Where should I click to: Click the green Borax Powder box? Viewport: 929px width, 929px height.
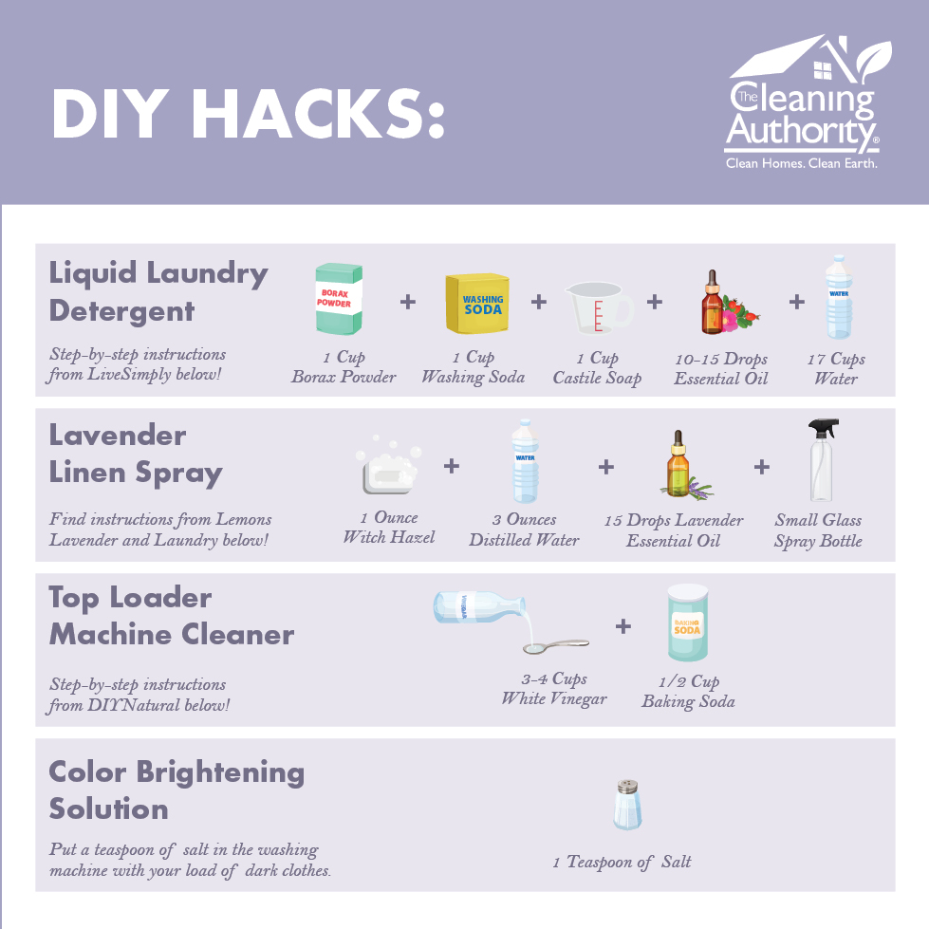click(x=339, y=299)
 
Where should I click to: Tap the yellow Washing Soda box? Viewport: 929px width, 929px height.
click(x=477, y=304)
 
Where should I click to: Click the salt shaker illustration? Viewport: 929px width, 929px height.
click(x=627, y=804)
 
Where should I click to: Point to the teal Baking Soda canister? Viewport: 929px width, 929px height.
click(x=687, y=622)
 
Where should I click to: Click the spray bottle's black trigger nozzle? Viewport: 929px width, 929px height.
click(x=823, y=428)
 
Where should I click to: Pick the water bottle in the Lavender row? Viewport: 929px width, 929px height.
click(x=525, y=461)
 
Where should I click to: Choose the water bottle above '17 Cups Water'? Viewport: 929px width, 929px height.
click(x=839, y=297)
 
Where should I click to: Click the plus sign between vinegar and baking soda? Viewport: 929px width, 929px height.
click(x=622, y=626)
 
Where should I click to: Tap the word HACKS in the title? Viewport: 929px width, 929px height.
click(x=318, y=114)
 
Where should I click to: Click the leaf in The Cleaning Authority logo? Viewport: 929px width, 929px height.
click(x=873, y=60)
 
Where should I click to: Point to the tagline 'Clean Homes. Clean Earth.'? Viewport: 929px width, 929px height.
click(x=802, y=163)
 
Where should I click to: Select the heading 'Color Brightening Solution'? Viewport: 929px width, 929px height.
click(x=177, y=790)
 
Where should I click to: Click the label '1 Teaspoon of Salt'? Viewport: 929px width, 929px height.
click(x=622, y=862)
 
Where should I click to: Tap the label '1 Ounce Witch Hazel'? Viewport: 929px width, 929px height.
click(x=389, y=528)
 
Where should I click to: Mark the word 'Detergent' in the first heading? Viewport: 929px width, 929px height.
click(x=121, y=311)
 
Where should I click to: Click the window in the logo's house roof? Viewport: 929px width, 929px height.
click(x=823, y=70)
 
